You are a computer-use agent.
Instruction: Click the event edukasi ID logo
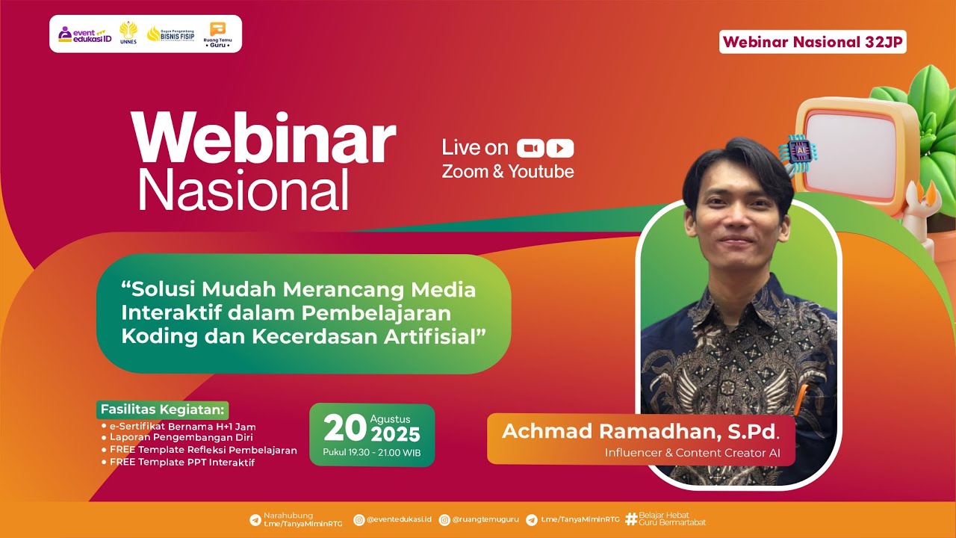(x=84, y=34)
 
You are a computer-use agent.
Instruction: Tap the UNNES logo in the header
(x=128, y=34)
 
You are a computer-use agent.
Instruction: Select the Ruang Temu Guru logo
(x=217, y=34)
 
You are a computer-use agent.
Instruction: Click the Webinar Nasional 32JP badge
(x=813, y=42)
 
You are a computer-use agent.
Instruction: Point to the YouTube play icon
(x=560, y=148)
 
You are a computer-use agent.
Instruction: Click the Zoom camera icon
(x=530, y=148)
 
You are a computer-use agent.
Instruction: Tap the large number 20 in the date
(x=344, y=428)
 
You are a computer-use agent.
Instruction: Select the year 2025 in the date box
(x=395, y=434)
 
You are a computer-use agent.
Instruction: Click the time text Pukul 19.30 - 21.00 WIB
(x=371, y=452)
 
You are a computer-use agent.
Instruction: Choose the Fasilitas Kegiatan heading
(x=162, y=410)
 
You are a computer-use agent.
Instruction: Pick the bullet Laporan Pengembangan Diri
(x=181, y=438)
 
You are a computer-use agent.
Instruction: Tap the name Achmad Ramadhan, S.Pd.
(x=639, y=431)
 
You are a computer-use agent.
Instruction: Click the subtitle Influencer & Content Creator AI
(x=692, y=453)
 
